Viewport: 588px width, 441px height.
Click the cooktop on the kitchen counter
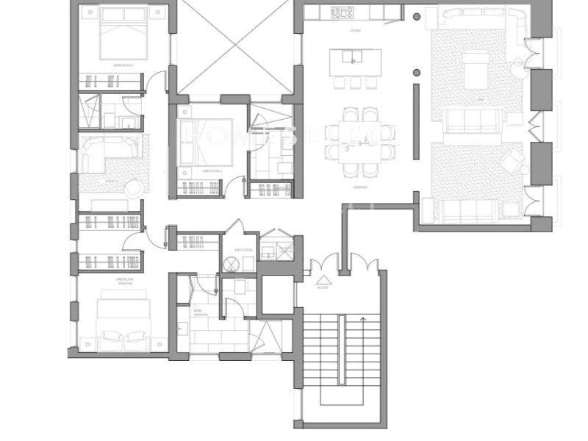[343, 12]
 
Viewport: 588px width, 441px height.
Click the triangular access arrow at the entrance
[322, 279]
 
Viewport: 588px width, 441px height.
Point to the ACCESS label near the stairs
[322, 288]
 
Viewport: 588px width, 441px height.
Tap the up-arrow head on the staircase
[363, 319]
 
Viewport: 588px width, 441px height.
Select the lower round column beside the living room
[417, 71]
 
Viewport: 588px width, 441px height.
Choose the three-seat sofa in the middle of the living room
[472, 120]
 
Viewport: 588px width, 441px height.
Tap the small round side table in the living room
[520, 68]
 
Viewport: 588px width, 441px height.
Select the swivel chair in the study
[133, 187]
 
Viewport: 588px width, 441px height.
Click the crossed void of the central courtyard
[236, 48]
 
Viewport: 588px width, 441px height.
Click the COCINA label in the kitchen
[356, 31]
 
